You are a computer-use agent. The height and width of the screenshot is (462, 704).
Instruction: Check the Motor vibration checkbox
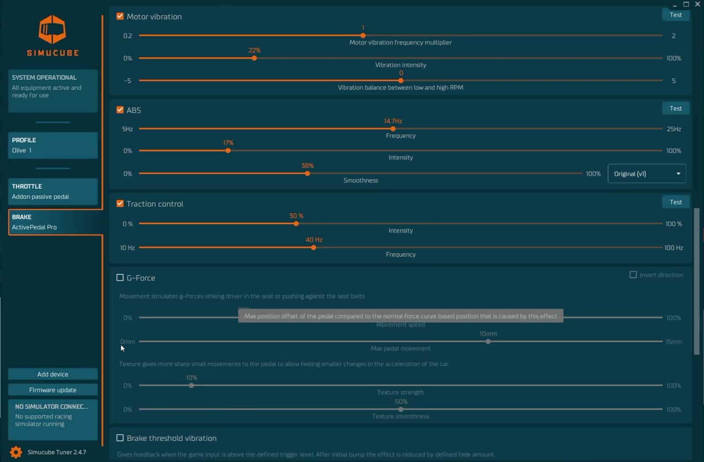(120, 16)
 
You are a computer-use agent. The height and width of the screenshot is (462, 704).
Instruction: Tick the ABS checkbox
(120, 110)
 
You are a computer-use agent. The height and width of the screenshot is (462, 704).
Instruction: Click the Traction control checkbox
(120, 203)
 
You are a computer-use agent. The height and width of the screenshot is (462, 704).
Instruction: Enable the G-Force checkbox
(120, 277)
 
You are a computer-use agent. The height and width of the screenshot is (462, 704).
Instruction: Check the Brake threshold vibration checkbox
(120, 438)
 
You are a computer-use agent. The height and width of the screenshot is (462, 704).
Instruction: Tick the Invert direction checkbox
(633, 275)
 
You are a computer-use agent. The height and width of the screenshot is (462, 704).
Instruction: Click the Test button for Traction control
(675, 202)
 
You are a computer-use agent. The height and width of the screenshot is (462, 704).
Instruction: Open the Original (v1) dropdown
(646, 174)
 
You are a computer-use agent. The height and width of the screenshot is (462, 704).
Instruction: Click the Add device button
(53, 374)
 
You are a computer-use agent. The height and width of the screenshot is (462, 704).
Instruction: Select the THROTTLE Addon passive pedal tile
(53, 192)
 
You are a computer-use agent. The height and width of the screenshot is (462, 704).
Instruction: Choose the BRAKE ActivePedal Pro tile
(53, 222)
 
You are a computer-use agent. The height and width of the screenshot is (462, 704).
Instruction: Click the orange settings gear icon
(16, 452)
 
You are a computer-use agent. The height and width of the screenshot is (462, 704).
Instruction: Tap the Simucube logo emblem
(52, 30)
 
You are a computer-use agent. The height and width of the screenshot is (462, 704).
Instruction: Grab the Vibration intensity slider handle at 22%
(254, 58)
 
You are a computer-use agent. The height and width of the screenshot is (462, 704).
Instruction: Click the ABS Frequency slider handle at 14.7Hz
(393, 129)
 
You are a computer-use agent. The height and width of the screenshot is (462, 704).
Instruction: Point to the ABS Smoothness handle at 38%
(308, 174)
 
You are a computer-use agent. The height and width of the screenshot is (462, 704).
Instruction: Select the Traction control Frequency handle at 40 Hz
(314, 248)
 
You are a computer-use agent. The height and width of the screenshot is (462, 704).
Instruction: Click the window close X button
(697, 4)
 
